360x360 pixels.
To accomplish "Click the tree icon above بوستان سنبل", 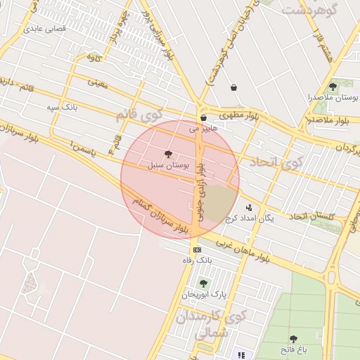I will pos(167,153).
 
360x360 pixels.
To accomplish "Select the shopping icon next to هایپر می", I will pos(203,118).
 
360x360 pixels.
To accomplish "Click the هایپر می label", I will pos(203,129).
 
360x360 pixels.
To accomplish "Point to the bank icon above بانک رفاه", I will pos(197,250).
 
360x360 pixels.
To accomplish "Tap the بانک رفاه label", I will pos(198,260).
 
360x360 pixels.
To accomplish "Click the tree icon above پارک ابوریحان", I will pos(203,283).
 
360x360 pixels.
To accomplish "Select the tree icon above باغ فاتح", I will pos(293,340).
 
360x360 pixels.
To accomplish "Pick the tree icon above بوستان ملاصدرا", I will pos(333,87).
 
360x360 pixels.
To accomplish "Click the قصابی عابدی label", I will pos(45,29).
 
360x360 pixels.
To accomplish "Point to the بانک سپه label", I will pos(61,107).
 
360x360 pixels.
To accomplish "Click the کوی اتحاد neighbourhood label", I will pos(265,162).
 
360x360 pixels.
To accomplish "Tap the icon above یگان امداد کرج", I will pos(249,207).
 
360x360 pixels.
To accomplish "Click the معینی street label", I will pos(98,83).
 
